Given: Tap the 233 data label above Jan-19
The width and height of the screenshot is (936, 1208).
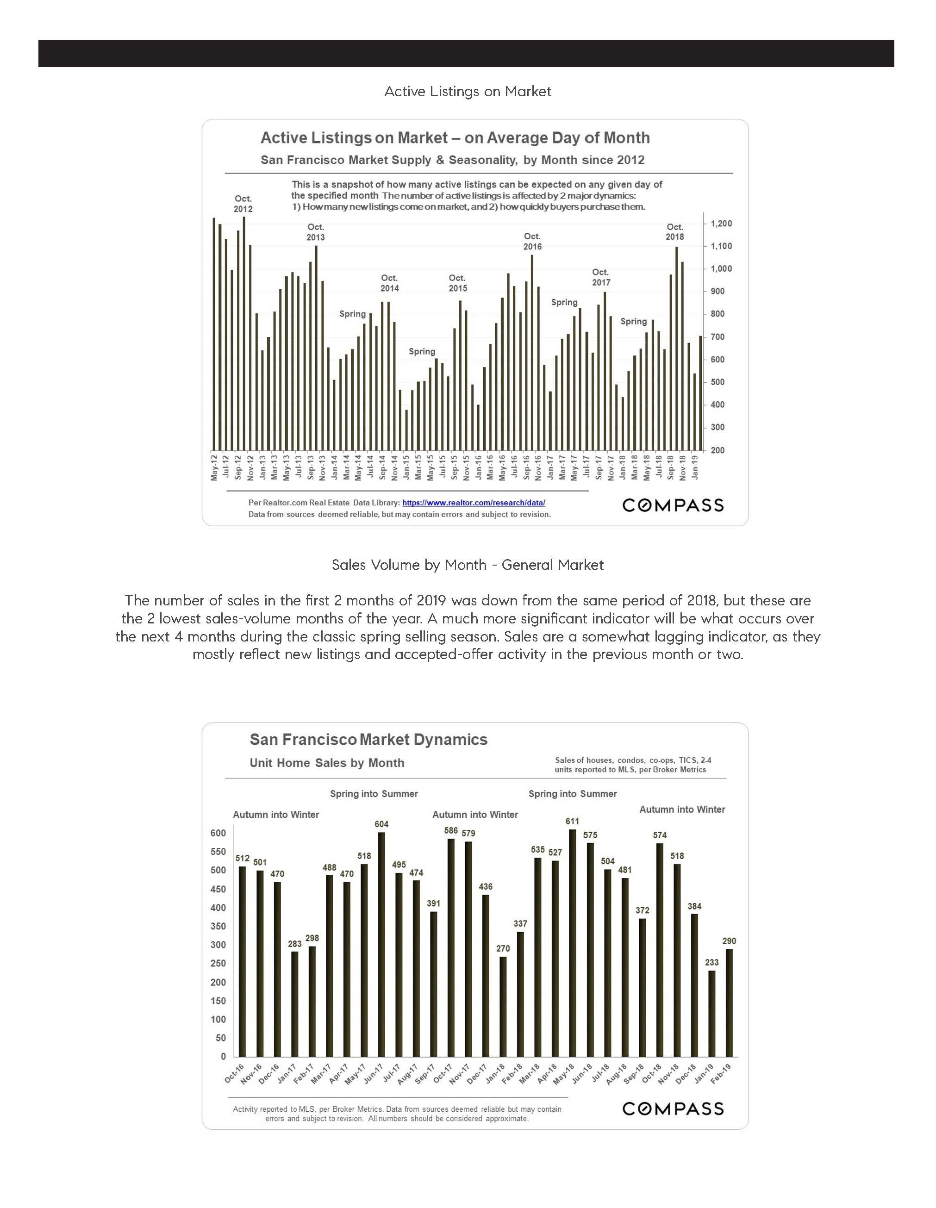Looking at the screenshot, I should click(x=711, y=962).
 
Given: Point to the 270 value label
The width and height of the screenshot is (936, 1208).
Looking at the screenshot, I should click(x=503, y=949).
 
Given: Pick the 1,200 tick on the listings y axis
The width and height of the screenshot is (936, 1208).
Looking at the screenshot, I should click(x=721, y=224).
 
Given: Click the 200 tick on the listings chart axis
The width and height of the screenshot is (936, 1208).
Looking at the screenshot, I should click(x=718, y=450).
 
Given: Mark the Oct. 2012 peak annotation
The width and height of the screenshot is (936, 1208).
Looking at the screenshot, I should click(x=243, y=204).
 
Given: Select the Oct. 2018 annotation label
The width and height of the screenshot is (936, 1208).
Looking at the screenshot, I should click(x=674, y=232).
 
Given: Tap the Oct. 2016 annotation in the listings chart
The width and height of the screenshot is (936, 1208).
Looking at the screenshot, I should click(x=532, y=242).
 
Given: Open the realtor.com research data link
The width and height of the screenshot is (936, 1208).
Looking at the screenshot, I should click(x=474, y=503).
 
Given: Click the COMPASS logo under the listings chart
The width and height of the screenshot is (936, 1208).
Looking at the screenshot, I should click(x=673, y=505).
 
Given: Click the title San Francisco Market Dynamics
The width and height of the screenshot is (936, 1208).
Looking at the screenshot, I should click(x=368, y=740).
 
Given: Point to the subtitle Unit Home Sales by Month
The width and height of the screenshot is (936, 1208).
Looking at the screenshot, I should click(x=327, y=763).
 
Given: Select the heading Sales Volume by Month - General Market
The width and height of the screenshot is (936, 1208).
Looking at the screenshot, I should click(x=468, y=565).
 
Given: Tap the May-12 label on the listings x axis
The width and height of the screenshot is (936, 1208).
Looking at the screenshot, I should click(x=214, y=466).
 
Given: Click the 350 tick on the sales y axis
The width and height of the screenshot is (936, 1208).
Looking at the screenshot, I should click(x=218, y=927).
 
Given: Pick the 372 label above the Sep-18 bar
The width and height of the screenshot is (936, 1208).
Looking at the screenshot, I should click(x=642, y=910).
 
